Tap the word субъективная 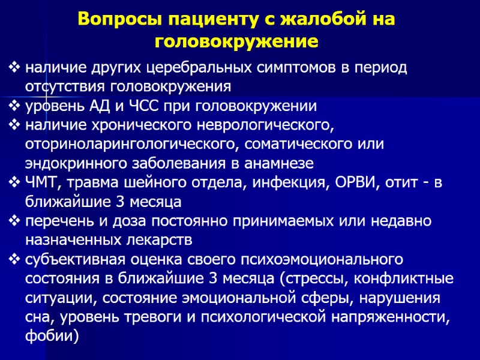(73, 260)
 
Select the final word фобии (51, 337)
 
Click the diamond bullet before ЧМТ (14, 184)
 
